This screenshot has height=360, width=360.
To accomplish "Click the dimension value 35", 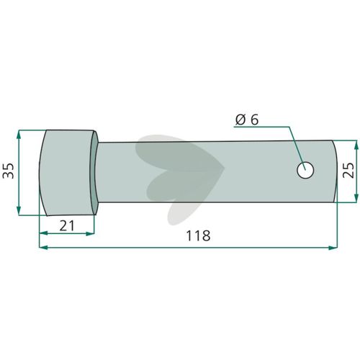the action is (x=8, y=171).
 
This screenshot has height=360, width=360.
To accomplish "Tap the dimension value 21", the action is (x=67, y=225).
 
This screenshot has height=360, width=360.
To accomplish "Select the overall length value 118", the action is (x=198, y=235).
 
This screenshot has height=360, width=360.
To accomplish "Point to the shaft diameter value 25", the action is (x=348, y=170).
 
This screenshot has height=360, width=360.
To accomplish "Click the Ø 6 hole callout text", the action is (x=247, y=120).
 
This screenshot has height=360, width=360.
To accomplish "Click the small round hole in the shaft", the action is (x=305, y=170).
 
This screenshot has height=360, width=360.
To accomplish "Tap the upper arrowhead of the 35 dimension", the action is (x=19, y=135).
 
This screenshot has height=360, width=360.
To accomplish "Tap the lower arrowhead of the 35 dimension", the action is (x=19, y=210).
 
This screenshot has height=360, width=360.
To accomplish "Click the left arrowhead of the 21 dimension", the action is (x=44, y=233).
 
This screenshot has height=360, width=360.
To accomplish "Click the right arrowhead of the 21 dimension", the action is (x=90, y=233).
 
